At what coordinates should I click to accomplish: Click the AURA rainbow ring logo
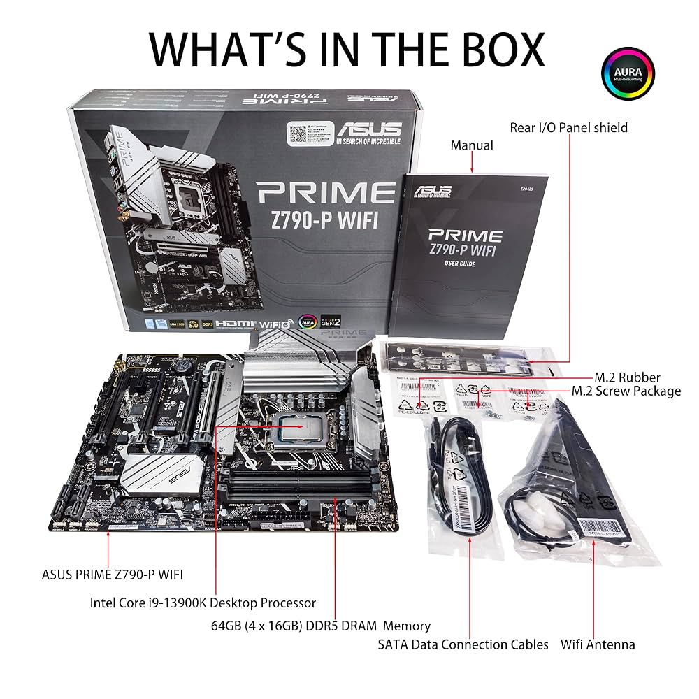628,77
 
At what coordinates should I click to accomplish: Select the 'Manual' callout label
472,145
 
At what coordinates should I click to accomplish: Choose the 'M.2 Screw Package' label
626,391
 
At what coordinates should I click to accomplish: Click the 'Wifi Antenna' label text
598,644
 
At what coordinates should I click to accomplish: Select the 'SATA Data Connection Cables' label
463,644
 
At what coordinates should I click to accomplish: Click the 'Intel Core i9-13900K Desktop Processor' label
203,603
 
